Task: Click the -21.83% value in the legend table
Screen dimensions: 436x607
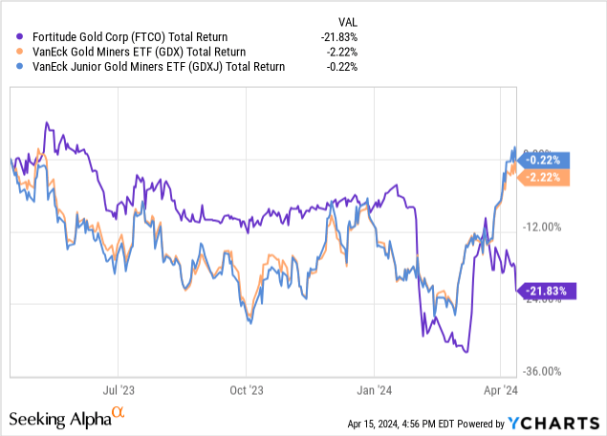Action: pos(345,37)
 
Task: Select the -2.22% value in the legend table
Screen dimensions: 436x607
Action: pos(348,51)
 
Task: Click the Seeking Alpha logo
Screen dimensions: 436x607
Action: pos(66,418)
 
